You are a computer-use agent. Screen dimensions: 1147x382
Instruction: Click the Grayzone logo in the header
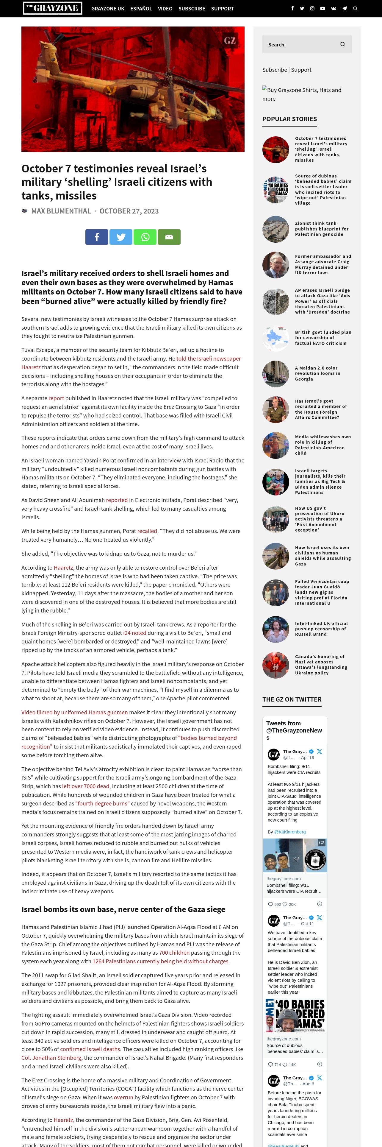point(52,8)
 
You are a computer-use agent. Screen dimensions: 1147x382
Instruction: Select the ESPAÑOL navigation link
point(141,8)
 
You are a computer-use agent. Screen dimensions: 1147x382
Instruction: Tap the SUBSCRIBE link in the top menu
point(192,8)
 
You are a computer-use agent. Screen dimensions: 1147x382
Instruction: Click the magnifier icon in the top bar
point(355,8)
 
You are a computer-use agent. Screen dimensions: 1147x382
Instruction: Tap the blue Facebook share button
point(96,237)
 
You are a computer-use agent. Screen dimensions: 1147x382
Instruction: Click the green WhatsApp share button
point(145,237)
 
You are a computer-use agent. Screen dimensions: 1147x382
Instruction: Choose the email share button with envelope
point(169,237)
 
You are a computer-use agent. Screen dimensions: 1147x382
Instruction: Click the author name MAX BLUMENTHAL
point(61,211)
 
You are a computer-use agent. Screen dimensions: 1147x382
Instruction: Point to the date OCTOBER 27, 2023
point(129,211)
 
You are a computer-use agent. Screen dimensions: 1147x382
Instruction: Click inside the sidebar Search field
point(300,45)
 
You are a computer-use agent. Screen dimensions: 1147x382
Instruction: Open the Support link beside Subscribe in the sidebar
point(301,70)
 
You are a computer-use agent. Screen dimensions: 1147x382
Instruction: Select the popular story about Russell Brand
point(321,629)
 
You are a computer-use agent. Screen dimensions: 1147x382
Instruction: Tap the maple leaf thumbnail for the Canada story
point(276,665)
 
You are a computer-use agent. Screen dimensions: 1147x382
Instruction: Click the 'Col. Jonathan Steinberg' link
point(51,1057)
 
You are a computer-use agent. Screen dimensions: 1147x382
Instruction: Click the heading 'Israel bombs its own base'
point(123,909)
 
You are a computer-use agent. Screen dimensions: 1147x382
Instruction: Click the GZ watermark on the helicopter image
point(229,40)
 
